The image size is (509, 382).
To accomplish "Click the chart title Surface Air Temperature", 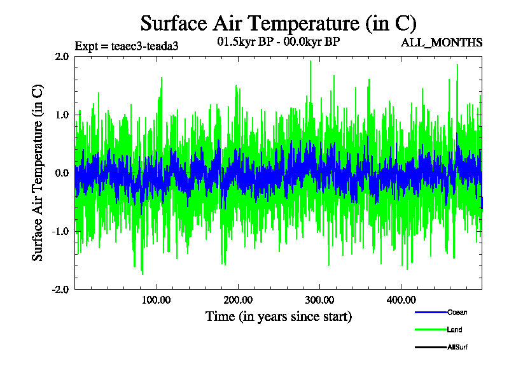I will [278, 24].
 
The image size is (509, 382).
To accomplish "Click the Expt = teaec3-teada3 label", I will [122, 45].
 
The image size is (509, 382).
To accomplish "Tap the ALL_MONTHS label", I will [442, 43].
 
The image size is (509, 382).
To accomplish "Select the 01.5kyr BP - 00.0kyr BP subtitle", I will [279, 43].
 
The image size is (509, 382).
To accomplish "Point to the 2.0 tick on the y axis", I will [62, 56].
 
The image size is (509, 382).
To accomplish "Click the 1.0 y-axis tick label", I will [62, 115].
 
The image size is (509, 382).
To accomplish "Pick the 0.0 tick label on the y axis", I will [62, 173].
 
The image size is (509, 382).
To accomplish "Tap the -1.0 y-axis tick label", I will [60, 231].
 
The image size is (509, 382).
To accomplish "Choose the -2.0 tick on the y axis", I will [60, 289].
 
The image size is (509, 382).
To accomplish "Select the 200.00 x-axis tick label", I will [237, 300].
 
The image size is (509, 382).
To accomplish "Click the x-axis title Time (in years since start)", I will [278, 316].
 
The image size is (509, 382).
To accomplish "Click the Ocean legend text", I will [457, 313].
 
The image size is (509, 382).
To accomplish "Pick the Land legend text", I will [454, 330].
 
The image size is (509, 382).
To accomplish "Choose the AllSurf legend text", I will [458, 347].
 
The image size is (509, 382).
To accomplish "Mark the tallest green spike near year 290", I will [310, 61].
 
